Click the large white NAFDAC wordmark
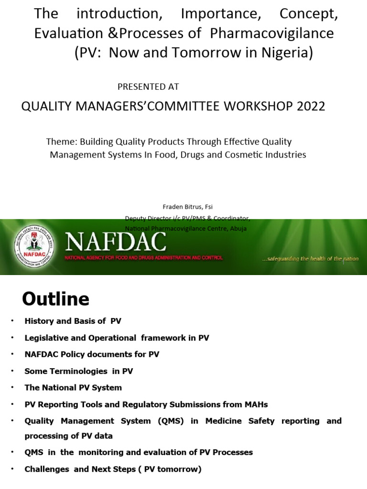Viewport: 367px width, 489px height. coord(116,242)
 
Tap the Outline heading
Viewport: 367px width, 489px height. coord(55,299)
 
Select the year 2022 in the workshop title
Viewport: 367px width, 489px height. coord(311,106)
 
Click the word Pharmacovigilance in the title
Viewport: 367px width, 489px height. coord(272,34)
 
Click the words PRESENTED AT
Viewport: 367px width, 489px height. coord(148,87)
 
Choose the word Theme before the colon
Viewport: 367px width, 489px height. coord(61,142)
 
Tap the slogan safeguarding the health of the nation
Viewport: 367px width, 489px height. coord(311,259)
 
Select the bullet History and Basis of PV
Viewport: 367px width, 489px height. coord(73,321)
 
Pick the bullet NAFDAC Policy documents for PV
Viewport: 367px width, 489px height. coord(92,354)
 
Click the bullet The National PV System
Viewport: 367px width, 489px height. coord(73,388)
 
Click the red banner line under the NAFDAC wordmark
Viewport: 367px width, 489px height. coord(143,258)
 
